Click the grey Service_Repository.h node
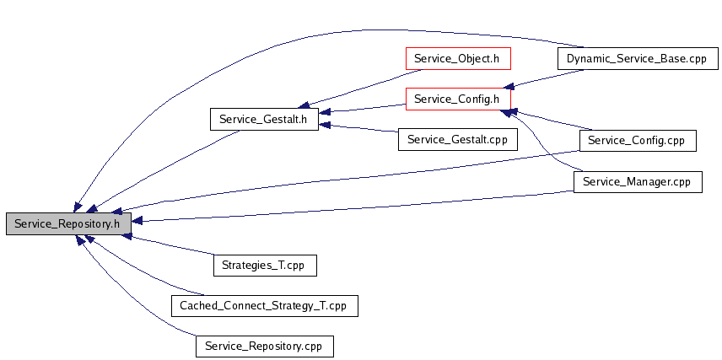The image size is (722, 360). click(68, 223)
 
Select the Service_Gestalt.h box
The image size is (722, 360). click(264, 119)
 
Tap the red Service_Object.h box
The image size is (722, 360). click(458, 58)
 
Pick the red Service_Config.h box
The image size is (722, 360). click(458, 99)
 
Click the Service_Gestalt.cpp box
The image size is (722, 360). click(458, 139)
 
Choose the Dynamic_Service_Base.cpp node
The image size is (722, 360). click(638, 58)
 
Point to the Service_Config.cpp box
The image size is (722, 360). click(638, 141)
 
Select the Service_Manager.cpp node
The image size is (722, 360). click(638, 182)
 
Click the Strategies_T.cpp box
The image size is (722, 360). click(265, 266)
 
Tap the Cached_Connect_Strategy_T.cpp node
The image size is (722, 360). click(265, 306)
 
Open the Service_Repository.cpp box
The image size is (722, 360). click(265, 347)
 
